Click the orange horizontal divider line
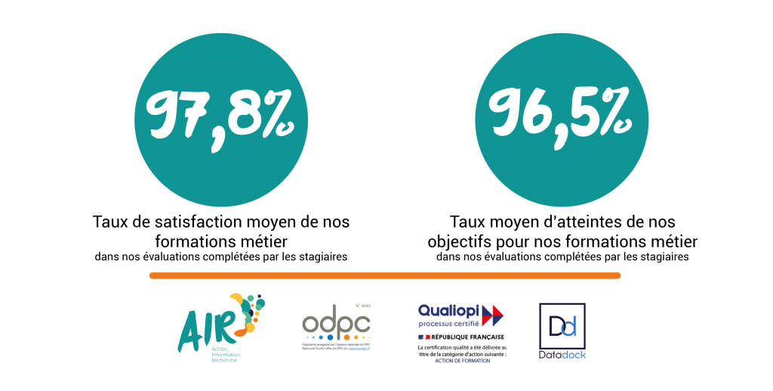(x=385, y=276)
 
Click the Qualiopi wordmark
(x=448, y=310)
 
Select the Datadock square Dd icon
(x=562, y=326)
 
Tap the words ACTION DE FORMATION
(x=462, y=361)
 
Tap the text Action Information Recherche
(x=224, y=353)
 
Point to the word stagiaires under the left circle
(x=325, y=257)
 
